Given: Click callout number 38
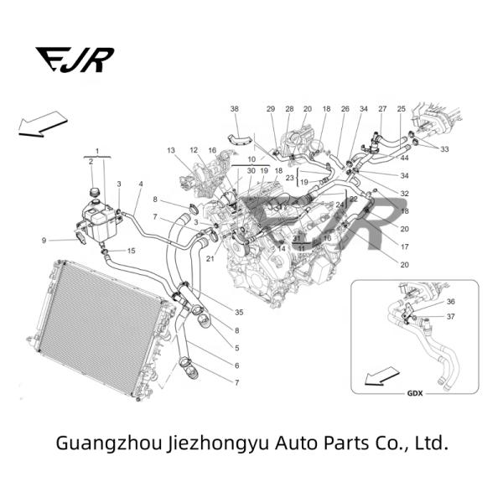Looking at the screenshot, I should pos(235,110).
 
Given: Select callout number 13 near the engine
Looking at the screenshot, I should pos(170,151).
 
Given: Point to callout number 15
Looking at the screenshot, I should pos(131,251).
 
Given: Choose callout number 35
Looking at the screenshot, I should pos(239,313).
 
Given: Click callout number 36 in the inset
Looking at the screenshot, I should pos(450,302).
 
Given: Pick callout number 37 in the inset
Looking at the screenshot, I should pos(450,317).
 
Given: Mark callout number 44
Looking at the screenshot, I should pos(404,158).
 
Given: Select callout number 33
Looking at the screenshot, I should pos(444,149).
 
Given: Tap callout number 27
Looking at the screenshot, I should pos(382,110).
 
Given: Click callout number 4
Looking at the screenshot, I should pos(141,184).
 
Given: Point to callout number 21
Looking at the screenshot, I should pos(210,258).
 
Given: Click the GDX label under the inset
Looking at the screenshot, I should pos(414,393).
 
